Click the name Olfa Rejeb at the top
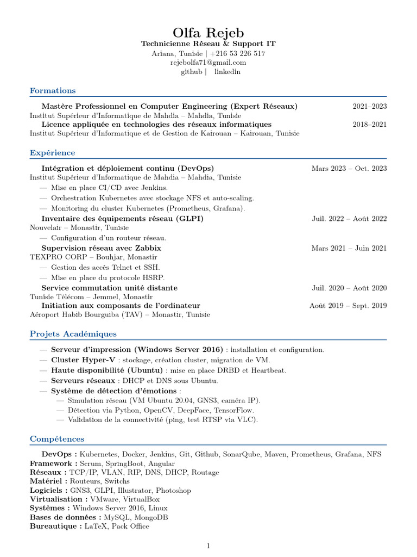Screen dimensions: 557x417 (208, 33)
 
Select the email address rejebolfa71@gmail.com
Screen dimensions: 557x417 (208, 63)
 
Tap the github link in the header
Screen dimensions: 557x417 (191, 72)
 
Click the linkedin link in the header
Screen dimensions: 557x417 (227, 72)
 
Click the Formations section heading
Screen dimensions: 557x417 (53, 91)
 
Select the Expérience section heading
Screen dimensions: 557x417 (53, 153)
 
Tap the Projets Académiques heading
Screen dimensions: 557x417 (73, 334)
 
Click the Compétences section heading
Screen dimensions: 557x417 (57, 439)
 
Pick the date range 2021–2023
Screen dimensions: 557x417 (370, 107)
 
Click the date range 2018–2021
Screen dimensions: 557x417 (370, 125)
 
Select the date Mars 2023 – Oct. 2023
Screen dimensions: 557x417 (349, 169)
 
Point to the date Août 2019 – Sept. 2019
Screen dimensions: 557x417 (348, 306)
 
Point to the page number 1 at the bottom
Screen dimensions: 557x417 (208, 546)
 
